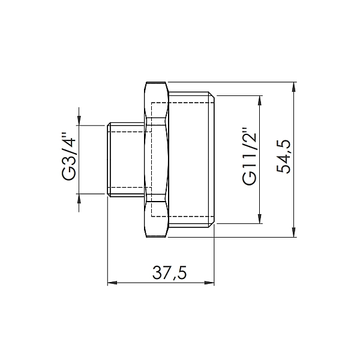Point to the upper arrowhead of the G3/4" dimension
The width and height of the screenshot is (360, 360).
click(x=79, y=120)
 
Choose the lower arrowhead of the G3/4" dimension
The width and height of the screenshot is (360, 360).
click(x=79, y=199)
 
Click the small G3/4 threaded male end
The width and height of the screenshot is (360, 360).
click(x=125, y=160)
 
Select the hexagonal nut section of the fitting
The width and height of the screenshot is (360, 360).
click(x=156, y=160)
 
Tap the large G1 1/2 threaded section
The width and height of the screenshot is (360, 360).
click(x=192, y=160)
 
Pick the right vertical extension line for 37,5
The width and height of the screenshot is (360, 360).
click(x=214, y=258)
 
